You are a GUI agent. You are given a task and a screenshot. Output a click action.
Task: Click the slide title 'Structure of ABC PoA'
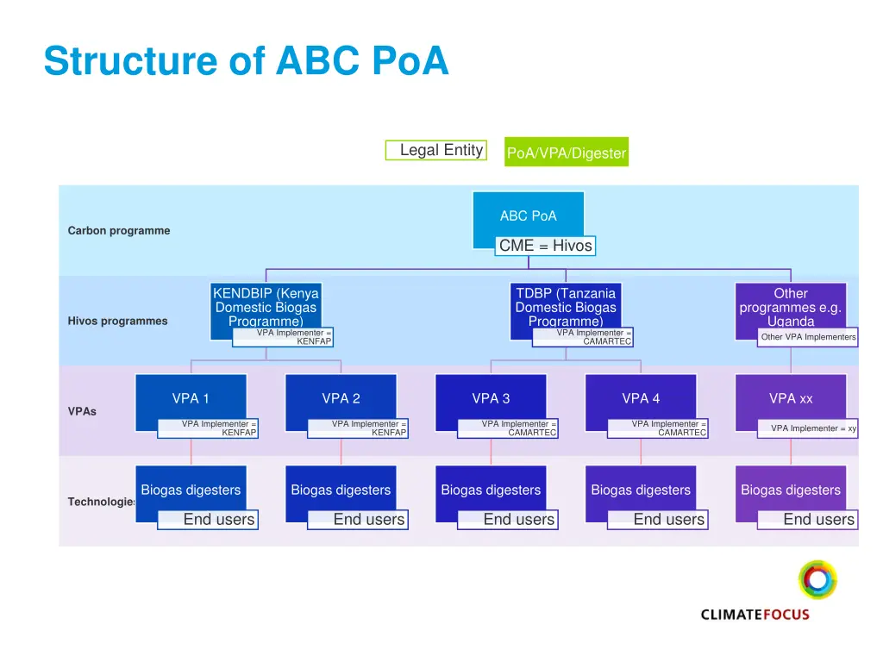pyautogui.click(x=247, y=61)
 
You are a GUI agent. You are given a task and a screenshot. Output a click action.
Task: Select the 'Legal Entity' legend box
pyautogui.click(x=435, y=151)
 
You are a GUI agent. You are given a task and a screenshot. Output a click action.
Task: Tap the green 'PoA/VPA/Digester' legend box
pyautogui.click(x=567, y=153)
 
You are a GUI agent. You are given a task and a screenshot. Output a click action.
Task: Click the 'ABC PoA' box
pyautogui.click(x=529, y=215)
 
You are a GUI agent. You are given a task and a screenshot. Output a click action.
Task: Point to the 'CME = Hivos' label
pyautogui.click(x=546, y=246)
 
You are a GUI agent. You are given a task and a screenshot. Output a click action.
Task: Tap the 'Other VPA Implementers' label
pyautogui.click(x=808, y=337)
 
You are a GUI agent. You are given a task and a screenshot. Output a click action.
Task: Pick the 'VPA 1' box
pyautogui.click(x=191, y=397)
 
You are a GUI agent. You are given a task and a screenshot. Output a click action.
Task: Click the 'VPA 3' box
pyautogui.click(x=491, y=397)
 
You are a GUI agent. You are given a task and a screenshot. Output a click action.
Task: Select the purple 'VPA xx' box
pyautogui.click(x=791, y=397)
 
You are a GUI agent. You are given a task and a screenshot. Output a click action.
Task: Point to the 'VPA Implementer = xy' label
pyautogui.click(x=808, y=428)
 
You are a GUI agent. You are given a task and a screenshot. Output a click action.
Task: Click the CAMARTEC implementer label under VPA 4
pyautogui.click(x=658, y=428)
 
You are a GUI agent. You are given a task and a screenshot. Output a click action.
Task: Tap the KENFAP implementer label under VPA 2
pyautogui.click(x=358, y=428)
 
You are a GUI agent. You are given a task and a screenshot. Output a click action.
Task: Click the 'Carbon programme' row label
pyautogui.click(x=119, y=231)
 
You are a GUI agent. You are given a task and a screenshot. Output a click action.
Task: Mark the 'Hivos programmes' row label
pyautogui.click(x=118, y=322)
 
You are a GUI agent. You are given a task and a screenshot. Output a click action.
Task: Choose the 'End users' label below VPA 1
pyautogui.click(x=209, y=520)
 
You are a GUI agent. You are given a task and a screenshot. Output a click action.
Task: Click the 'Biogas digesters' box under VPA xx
pyautogui.click(x=791, y=490)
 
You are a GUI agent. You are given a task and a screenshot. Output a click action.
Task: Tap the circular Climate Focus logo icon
pyautogui.click(x=817, y=579)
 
